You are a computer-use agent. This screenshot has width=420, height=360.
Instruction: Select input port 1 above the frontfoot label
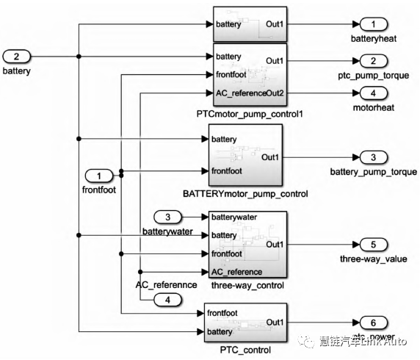101,175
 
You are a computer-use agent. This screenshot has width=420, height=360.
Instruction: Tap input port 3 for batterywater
168,217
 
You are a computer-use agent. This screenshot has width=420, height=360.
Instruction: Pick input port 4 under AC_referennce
168,299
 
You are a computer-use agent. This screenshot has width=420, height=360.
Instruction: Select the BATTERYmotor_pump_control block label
245,194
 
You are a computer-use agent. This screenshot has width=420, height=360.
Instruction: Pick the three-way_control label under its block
247,284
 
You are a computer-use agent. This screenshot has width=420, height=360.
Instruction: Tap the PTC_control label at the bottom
245,350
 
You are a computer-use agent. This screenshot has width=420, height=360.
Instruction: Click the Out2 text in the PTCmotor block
272,93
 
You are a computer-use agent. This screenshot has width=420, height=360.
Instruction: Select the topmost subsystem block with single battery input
249,24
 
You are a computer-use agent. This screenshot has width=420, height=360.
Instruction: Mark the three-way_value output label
373,258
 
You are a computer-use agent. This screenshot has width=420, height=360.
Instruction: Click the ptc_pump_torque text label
373,74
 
